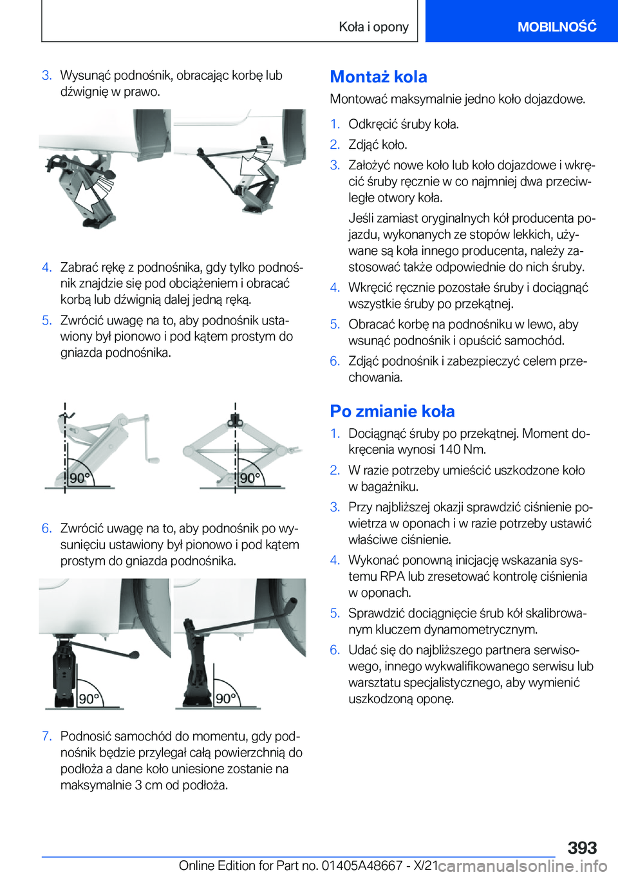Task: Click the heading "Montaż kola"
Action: pyautogui.click(x=379, y=77)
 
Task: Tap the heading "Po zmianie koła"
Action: pyautogui.click(x=392, y=411)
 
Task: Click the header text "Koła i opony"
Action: pyautogui.click(x=374, y=26)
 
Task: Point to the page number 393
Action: pyautogui.click(x=582, y=847)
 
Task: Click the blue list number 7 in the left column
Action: pyautogui.click(x=46, y=736)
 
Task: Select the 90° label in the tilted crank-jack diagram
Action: pyautogui.click(x=80, y=478)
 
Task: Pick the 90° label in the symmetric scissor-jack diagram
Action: pyautogui.click(x=250, y=478)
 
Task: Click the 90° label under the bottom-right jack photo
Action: pyautogui.click(x=226, y=698)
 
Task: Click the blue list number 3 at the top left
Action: pyautogui.click(x=46, y=75)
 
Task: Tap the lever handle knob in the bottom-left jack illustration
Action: pyautogui.click(x=135, y=655)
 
